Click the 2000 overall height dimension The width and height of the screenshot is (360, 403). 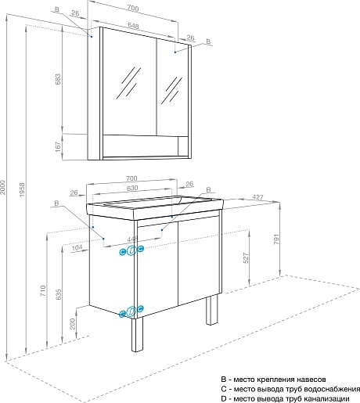(x=3, y=187)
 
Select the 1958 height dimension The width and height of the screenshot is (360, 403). (x=22, y=189)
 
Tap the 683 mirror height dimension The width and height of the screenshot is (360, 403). (x=58, y=79)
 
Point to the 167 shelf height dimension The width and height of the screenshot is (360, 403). (x=58, y=146)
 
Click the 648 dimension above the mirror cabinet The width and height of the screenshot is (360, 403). (x=133, y=26)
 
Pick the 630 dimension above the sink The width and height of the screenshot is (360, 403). (x=132, y=188)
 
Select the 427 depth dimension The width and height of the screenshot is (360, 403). (x=257, y=197)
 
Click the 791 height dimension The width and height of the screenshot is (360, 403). (x=276, y=239)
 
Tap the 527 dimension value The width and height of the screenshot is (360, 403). (x=246, y=258)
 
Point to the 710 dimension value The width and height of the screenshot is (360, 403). (x=43, y=290)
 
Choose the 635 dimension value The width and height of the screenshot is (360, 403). (x=59, y=294)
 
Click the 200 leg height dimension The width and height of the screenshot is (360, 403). (x=73, y=323)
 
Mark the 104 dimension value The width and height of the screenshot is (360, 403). (x=77, y=247)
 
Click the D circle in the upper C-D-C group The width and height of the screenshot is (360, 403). (x=132, y=250)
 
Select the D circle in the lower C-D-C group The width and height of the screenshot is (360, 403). (x=131, y=311)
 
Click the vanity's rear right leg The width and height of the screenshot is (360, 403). (x=212, y=309)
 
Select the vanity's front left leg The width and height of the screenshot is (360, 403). (x=137, y=335)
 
